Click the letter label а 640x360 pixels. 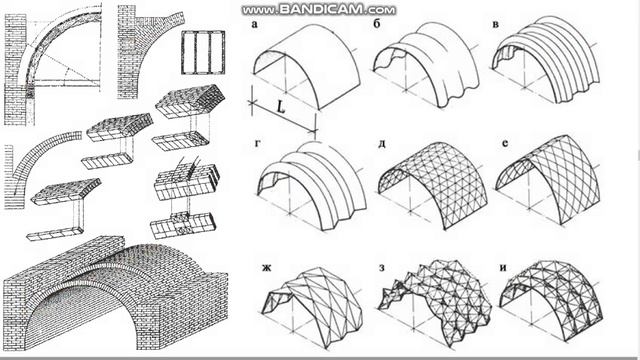(x=255, y=24)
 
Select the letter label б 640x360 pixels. (x=377, y=24)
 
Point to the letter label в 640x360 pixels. (x=496, y=24)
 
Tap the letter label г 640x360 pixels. (x=257, y=143)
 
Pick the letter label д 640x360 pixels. (x=382, y=144)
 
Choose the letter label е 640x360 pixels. (x=505, y=143)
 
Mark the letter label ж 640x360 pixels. (x=267, y=268)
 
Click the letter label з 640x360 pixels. (x=382, y=268)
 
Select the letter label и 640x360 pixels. (x=503, y=268)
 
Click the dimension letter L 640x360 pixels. (x=280, y=107)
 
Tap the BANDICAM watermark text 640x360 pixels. (x=319, y=9)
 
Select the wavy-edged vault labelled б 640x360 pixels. (x=427, y=65)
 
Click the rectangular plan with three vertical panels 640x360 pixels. (x=203, y=53)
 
